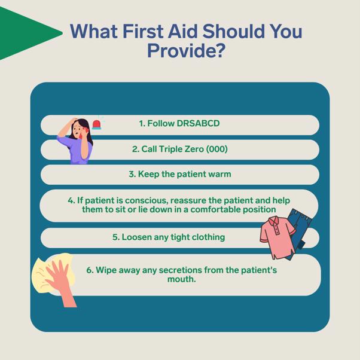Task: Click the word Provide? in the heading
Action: coord(186,50)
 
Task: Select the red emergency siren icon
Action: coord(96,124)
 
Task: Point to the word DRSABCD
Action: coord(198,124)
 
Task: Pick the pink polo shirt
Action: coord(277,237)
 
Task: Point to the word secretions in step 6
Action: coord(180,270)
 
